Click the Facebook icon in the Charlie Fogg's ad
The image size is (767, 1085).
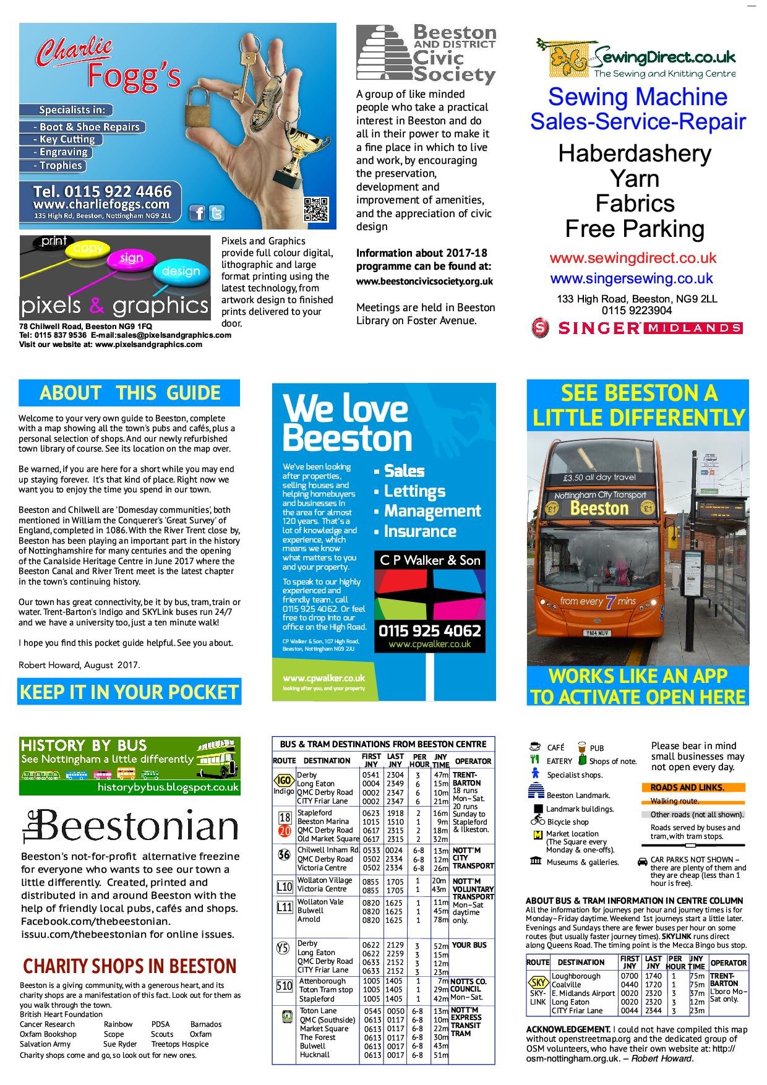(x=197, y=213)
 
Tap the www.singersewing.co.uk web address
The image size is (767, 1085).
(x=631, y=278)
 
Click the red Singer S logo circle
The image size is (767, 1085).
(x=540, y=327)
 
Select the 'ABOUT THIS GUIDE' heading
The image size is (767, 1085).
(x=129, y=393)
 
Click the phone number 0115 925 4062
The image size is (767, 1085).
(x=429, y=630)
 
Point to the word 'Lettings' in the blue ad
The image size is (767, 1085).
(x=414, y=491)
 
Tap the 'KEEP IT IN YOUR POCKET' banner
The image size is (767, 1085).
(x=129, y=692)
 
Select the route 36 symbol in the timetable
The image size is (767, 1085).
(x=284, y=856)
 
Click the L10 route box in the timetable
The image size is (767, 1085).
(x=284, y=886)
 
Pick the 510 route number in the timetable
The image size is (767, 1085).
(x=284, y=985)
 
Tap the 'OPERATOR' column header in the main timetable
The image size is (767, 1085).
(x=473, y=761)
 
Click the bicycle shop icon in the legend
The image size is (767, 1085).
(x=538, y=821)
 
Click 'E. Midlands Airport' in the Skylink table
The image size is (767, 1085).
(x=583, y=993)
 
